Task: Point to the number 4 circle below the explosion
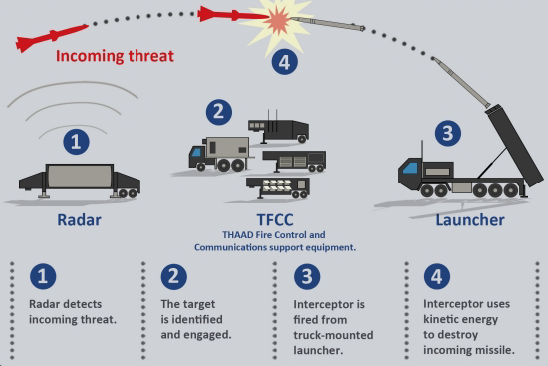coord(287,62)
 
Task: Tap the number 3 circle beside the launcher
coord(449,134)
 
